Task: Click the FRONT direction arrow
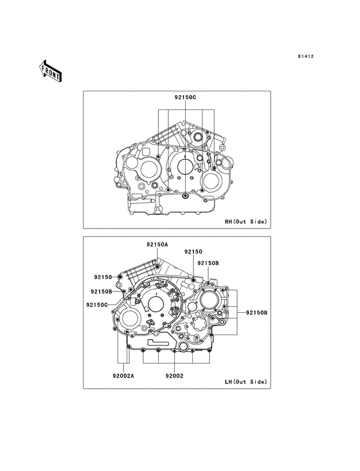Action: (x=50, y=71)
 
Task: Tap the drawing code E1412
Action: (x=306, y=56)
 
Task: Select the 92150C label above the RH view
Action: (x=185, y=97)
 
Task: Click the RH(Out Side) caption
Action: (x=246, y=222)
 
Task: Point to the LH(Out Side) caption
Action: (x=246, y=382)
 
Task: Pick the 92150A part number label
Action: (x=157, y=245)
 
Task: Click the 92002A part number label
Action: (x=123, y=376)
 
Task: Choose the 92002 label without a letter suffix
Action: (x=174, y=376)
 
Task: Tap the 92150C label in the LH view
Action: (x=97, y=305)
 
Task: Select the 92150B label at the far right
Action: (x=256, y=313)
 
